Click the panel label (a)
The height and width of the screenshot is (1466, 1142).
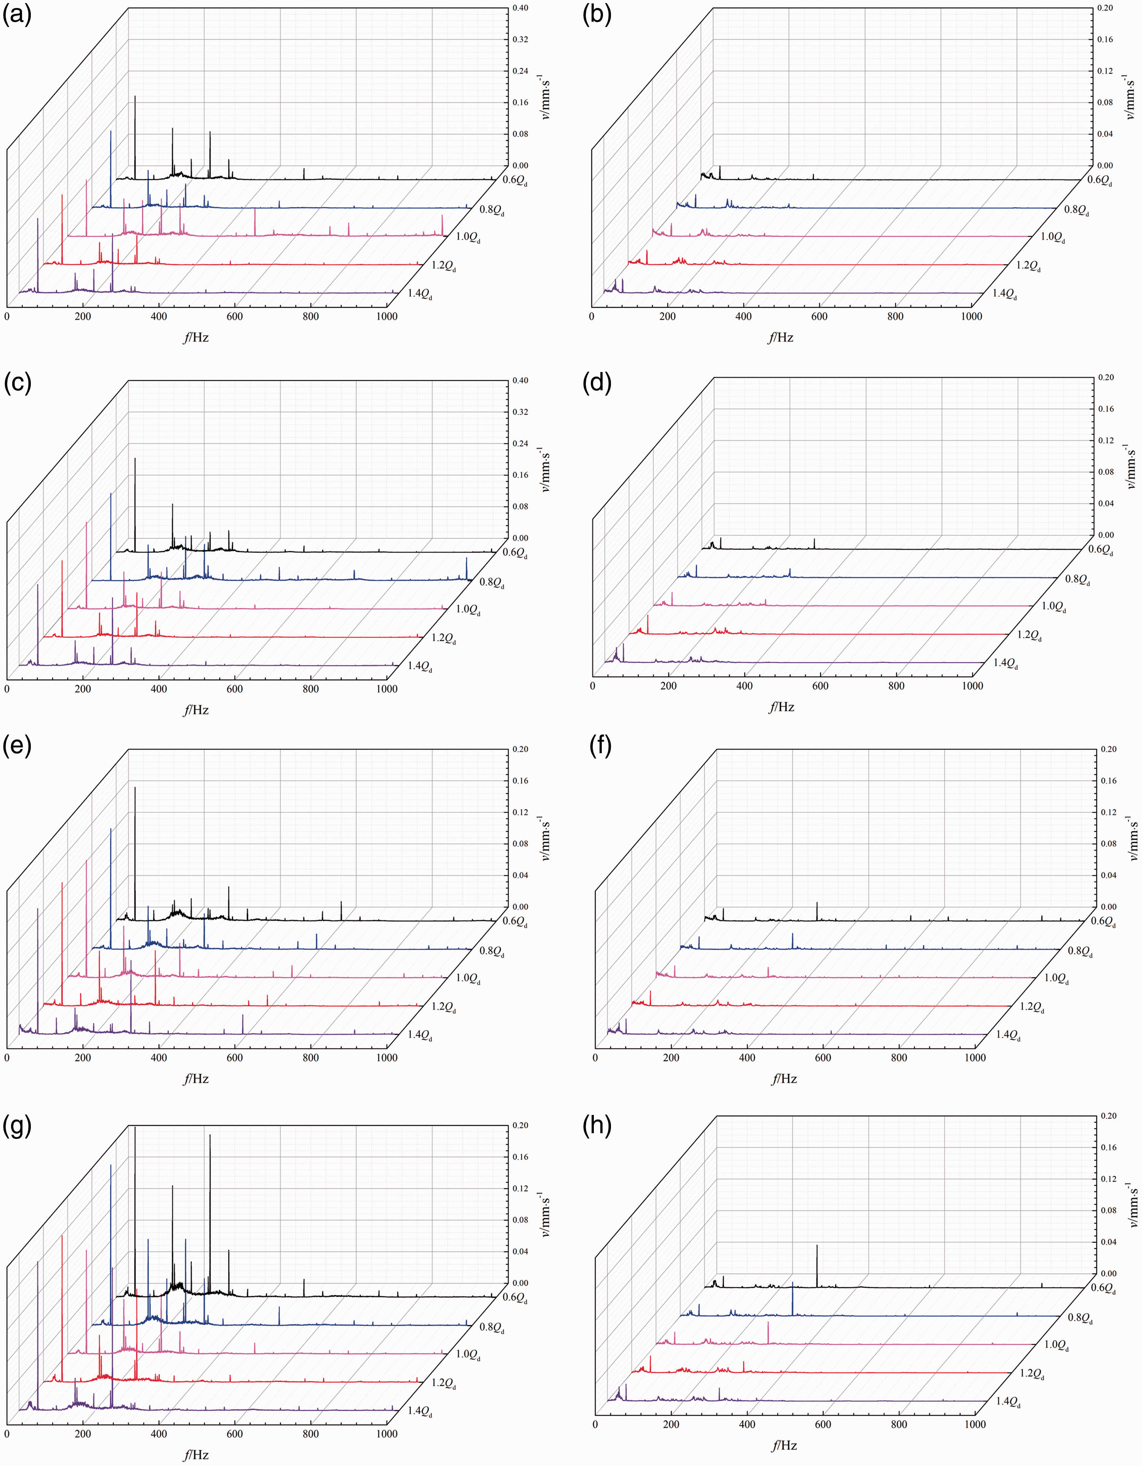tap(17, 15)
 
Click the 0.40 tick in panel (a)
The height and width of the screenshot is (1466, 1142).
tap(520, 8)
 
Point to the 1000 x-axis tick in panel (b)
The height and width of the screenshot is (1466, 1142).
tap(971, 316)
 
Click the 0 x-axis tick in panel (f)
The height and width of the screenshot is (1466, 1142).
tap(595, 1058)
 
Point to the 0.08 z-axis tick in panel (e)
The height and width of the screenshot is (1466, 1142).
tap(520, 844)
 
